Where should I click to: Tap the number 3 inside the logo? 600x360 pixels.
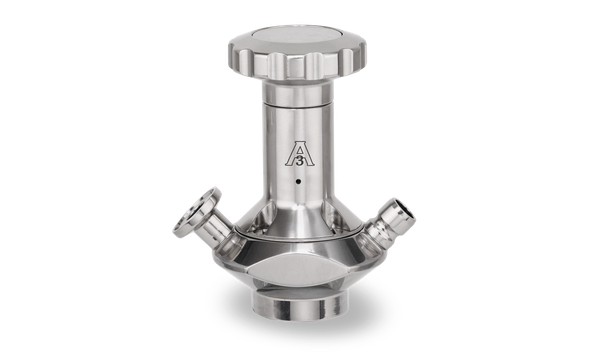tap(300, 161)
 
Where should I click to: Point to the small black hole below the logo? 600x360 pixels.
tap(298, 181)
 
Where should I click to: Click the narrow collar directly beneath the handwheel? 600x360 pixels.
tap(297, 92)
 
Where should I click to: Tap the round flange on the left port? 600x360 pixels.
tap(196, 212)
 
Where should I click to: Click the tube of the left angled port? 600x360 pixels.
tap(217, 229)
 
